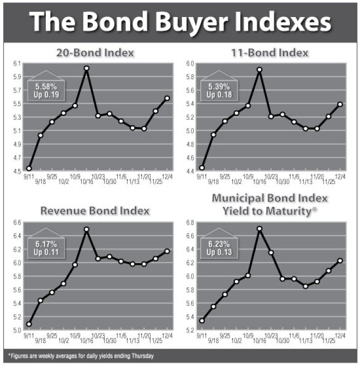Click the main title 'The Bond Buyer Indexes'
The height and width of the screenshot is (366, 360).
pyautogui.click(x=180, y=22)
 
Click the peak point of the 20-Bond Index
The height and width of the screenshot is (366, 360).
pyautogui.click(x=87, y=69)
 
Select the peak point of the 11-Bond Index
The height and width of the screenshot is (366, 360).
pyautogui.click(x=260, y=70)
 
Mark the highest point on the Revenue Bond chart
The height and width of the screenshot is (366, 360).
pyautogui.click(x=87, y=229)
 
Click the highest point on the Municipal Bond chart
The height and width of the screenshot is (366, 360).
pyautogui.click(x=260, y=229)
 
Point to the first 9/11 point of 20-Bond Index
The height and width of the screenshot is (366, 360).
pyautogui.click(x=29, y=168)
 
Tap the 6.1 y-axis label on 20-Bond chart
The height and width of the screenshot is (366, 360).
pyautogui.click(x=18, y=63)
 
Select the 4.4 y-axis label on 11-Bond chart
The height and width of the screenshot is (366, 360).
pyautogui.click(x=191, y=168)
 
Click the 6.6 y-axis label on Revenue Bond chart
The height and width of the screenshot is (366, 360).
pyautogui.click(x=18, y=223)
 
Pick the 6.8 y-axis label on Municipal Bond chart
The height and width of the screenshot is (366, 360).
pyautogui.click(x=191, y=223)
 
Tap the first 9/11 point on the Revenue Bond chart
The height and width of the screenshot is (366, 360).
pyautogui.click(x=29, y=324)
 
